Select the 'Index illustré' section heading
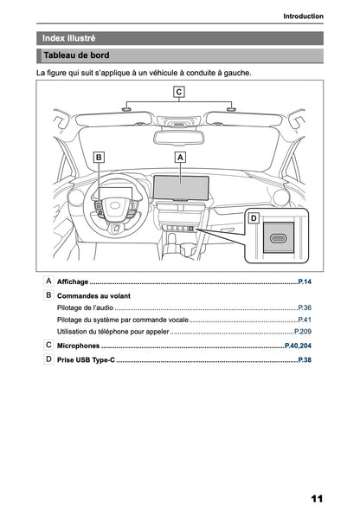(69, 38)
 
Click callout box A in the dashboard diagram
(180, 158)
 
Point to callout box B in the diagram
(99, 158)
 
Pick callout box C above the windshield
(178, 91)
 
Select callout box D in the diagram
(254, 218)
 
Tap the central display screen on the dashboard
(182, 185)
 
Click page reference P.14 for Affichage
(304, 282)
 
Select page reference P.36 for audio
(304, 307)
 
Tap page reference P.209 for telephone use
(302, 332)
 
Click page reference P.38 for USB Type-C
(304, 359)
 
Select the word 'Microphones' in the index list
(78, 346)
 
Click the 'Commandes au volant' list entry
(93, 295)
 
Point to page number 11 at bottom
(316, 499)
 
